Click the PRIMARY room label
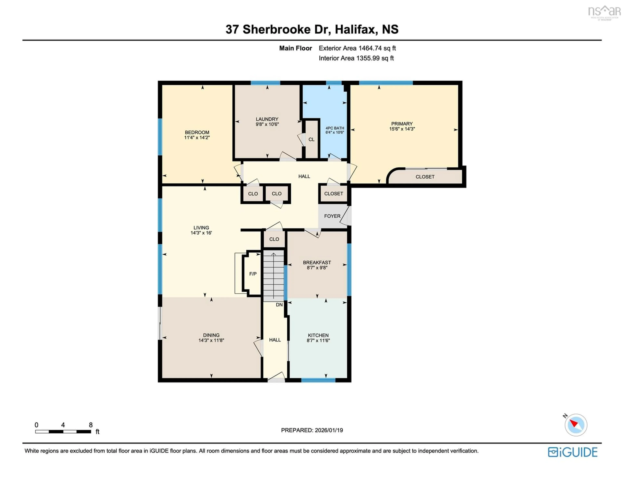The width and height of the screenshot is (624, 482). click(402, 124)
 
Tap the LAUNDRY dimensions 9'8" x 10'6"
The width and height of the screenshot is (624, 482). click(267, 124)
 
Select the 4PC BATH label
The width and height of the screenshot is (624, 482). click(335, 128)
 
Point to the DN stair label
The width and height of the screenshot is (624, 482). click(279, 305)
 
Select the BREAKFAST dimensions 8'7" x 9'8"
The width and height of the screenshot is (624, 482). click(317, 268)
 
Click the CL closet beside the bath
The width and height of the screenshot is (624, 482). click(311, 139)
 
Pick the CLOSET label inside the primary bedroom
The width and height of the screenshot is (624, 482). click(425, 177)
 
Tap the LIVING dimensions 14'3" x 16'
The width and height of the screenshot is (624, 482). click(201, 233)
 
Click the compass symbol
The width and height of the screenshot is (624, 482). click(576, 425)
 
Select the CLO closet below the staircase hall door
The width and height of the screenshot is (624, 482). click(274, 239)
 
